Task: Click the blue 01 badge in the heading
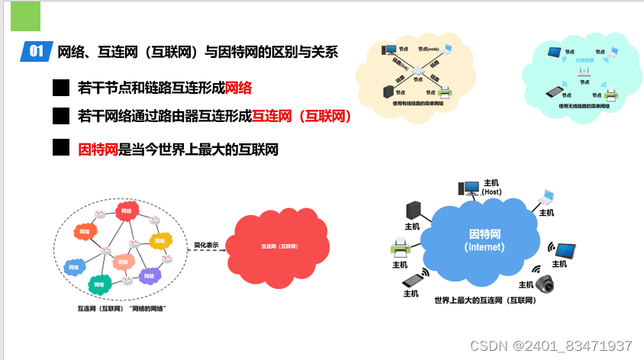tap(37, 52)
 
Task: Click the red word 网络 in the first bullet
tap(239, 88)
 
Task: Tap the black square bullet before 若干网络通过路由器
tap(61, 116)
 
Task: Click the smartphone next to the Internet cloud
tap(412, 280)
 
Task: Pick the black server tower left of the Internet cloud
tap(414, 210)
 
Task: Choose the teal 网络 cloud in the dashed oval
tap(98, 284)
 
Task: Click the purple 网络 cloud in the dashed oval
tap(149, 275)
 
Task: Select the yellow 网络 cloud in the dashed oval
tap(159, 240)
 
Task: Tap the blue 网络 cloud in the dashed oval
tap(74, 267)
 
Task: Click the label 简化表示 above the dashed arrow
tap(206, 245)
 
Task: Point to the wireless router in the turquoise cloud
tap(586, 74)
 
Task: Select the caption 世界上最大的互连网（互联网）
tap(485, 301)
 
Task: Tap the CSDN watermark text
tap(551, 346)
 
